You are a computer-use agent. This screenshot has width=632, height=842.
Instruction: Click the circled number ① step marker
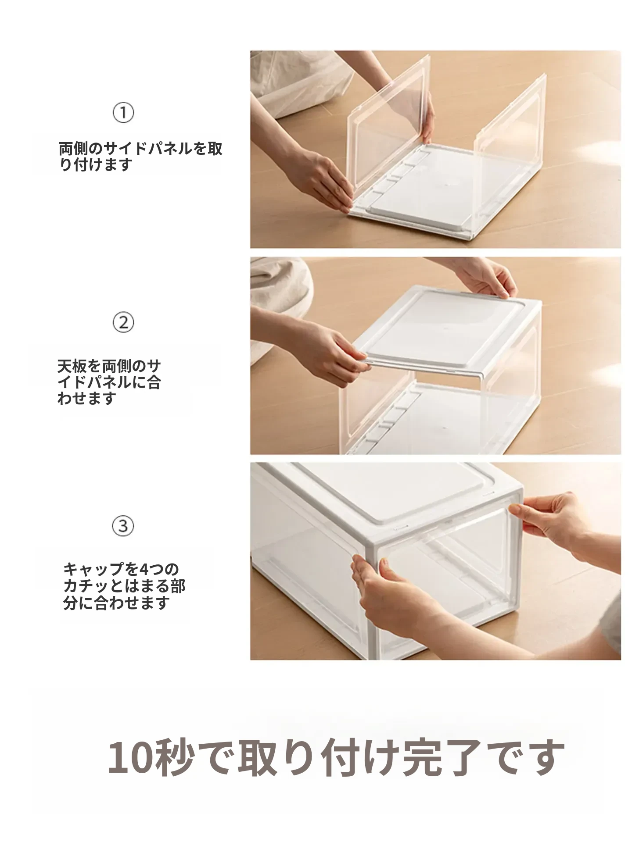(x=123, y=113)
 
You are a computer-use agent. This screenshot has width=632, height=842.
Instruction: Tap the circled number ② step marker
(x=123, y=323)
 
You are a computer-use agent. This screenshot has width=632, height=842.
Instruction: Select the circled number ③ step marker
(x=123, y=525)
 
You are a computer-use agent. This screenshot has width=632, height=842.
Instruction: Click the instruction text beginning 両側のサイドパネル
(x=140, y=157)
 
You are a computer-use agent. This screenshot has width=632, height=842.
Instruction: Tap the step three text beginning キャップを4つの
(x=124, y=586)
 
